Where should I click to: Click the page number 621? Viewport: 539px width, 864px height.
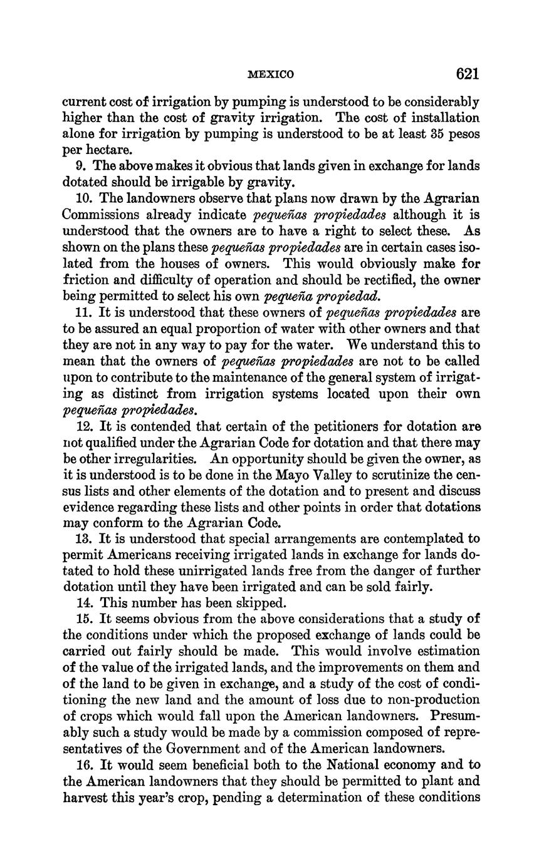(468, 74)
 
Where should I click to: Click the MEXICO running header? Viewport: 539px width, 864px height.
(271, 75)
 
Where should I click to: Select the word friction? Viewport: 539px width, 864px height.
(84, 280)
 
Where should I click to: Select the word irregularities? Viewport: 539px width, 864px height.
(160, 459)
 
